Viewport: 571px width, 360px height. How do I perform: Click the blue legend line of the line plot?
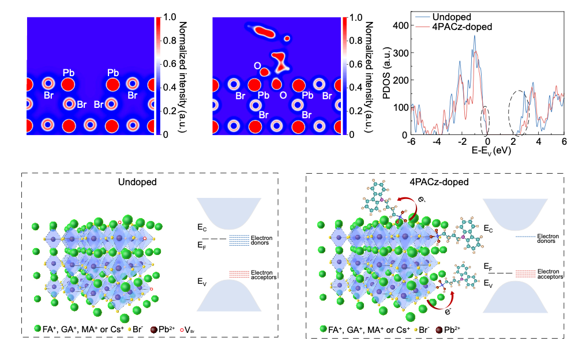[x=423, y=17]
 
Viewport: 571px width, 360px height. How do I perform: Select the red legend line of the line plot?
[x=423, y=27]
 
